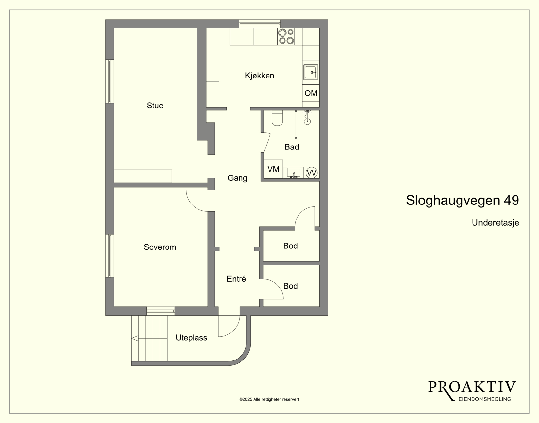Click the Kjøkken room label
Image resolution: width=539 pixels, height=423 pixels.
pos(259,76)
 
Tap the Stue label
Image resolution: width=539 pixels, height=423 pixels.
pos(155,106)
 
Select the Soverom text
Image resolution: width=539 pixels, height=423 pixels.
pos(160,247)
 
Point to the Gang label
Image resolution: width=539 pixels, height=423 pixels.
pos(237,178)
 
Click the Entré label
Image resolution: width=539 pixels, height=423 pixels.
pos(236,279)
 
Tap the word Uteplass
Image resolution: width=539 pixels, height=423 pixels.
pos(191,338)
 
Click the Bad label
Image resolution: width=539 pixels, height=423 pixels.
pos(292,147)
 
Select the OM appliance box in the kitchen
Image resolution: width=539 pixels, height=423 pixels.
pos(311,93)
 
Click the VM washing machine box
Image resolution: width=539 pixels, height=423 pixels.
pos(273,169)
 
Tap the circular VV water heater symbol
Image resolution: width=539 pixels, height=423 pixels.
pos(312,173)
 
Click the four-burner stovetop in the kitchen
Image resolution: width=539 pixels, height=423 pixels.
pos(286,36)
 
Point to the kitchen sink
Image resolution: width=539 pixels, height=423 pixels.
pos(311,72)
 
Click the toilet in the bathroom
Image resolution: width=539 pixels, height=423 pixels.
pos(277,118)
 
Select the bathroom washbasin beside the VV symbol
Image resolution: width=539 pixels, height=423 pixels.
pos(294,173)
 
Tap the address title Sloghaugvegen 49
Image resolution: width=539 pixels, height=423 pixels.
pos(462,201)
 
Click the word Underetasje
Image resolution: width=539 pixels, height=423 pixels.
pos(495,222)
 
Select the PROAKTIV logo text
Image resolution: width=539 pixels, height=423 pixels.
pos(472,387)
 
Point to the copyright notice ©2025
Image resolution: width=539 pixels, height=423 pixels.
pos(269,399)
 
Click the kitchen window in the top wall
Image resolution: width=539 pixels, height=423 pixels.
pos(259,24)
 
